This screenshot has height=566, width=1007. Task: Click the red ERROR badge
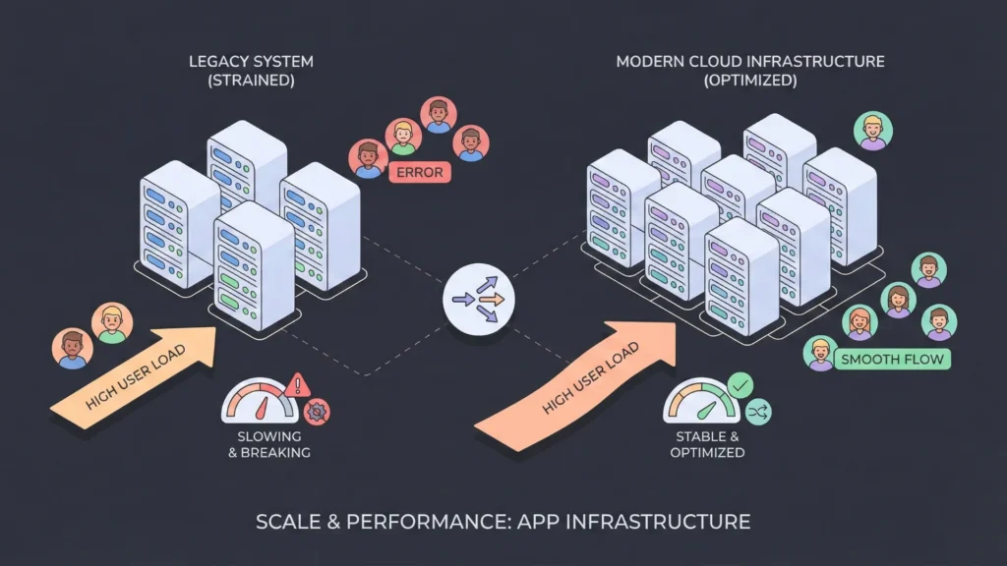[420, 173]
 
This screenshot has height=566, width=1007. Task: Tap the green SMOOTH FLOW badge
[892, 359]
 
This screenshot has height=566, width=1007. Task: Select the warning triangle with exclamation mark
[298, 384]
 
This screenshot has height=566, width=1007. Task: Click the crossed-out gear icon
[318, 412]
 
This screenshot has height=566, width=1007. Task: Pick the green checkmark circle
[740, 384]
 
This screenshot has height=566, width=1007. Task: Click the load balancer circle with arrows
[477, 298]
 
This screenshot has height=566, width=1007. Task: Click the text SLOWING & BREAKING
[274, 444]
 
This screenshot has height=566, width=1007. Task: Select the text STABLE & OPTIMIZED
[707, 444]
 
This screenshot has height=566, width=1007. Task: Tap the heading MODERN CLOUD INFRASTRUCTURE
[750, 62]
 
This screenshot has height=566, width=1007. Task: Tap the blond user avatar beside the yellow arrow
[112, 322]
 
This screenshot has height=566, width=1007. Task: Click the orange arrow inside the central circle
[491, 298]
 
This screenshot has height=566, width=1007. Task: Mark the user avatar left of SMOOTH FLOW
[819, 354]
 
